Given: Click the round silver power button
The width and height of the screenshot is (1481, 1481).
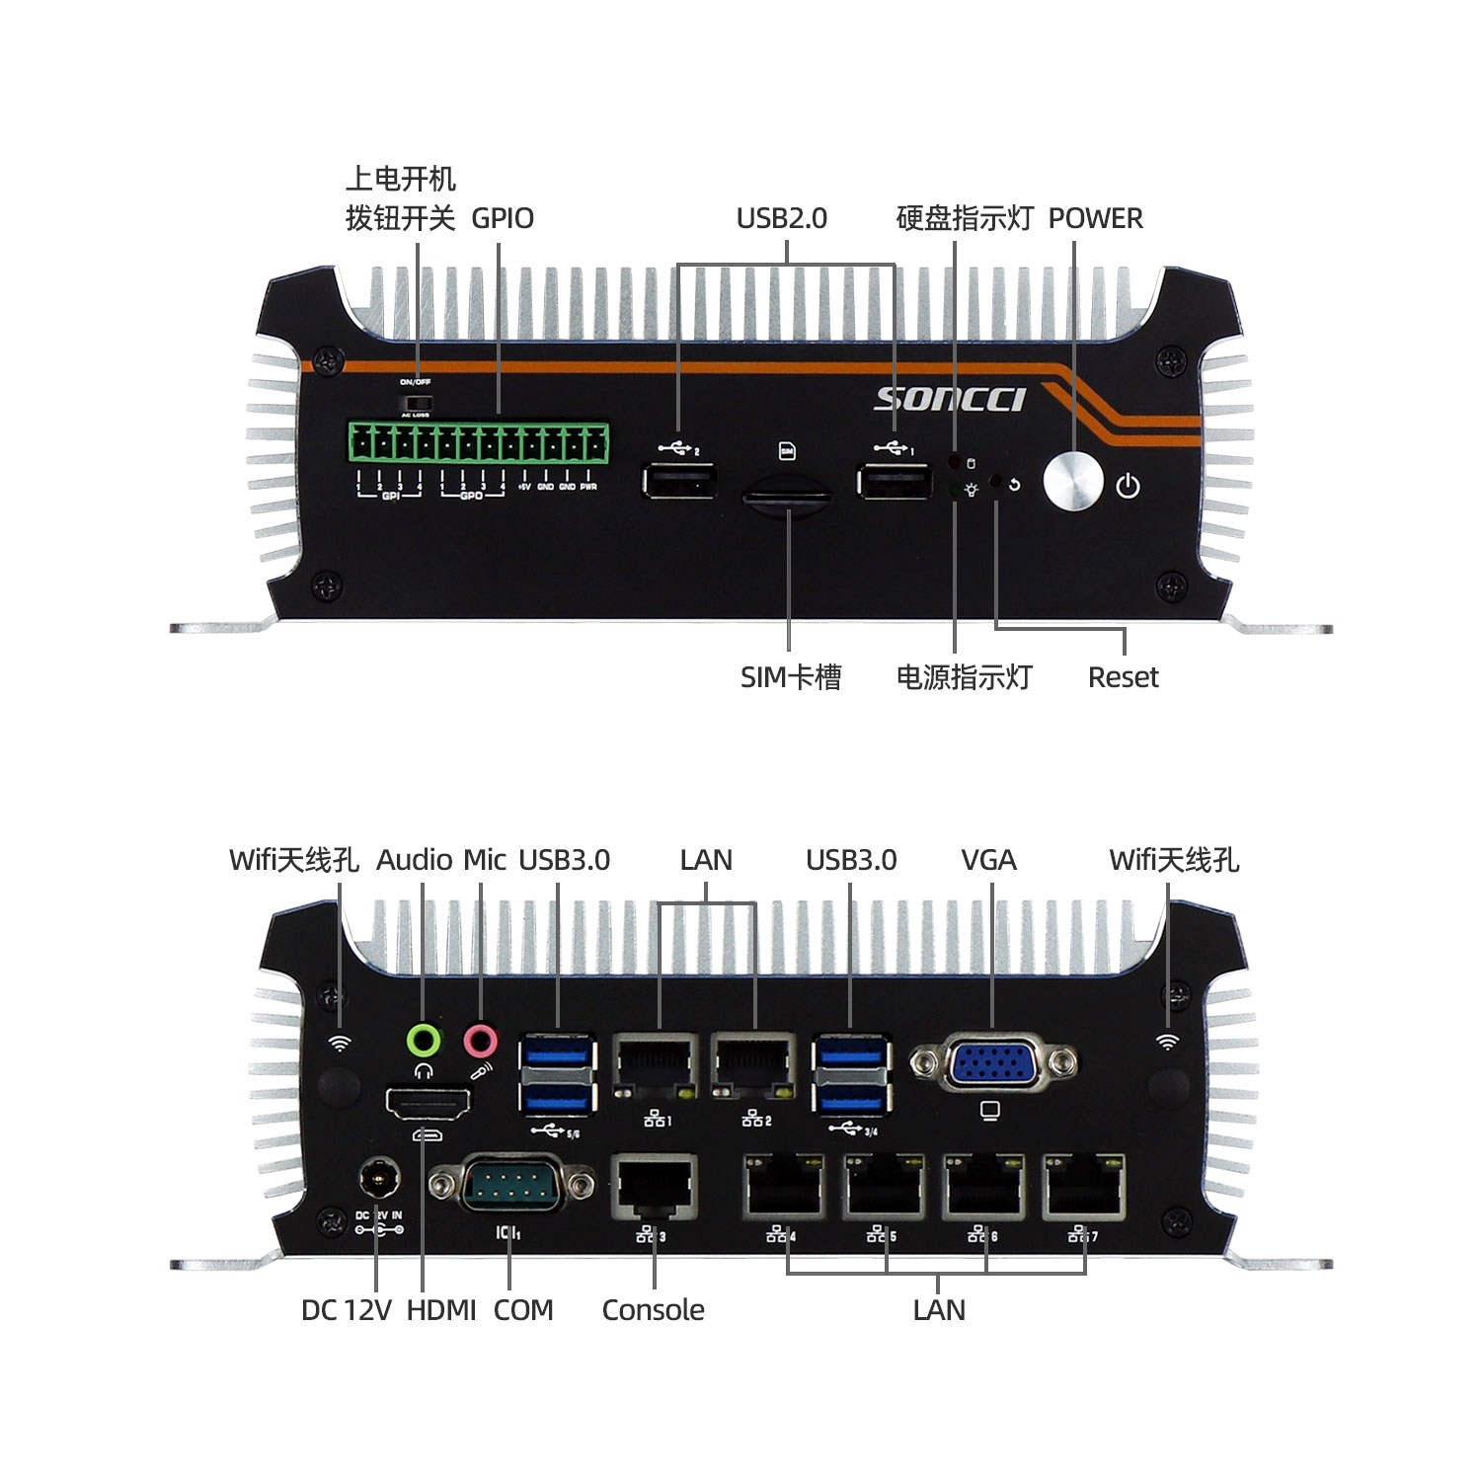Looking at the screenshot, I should point(1072,482).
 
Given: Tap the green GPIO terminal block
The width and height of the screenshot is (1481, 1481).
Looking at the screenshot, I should point(478,442).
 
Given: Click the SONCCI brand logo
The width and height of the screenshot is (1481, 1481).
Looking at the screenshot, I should point(950,399).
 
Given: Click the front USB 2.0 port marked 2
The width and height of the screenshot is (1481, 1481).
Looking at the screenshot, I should point(679,482).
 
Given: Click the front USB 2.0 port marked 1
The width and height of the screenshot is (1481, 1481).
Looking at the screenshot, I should point(894,482).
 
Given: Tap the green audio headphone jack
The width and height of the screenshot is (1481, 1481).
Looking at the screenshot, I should point(424,1040).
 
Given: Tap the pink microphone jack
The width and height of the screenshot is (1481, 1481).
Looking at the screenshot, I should point(481,1040).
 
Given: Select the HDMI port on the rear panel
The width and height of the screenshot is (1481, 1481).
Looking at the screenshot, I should point(428,1103).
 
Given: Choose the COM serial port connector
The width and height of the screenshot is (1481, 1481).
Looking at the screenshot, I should point(510,1183).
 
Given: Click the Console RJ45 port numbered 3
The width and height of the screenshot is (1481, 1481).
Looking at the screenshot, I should point(653,1187).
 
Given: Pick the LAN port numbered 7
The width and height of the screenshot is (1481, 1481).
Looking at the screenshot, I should point(1084,1187).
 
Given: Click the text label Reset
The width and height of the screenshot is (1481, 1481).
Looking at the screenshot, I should point(1123,677).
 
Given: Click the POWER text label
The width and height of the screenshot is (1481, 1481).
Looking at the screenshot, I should point(1095,218).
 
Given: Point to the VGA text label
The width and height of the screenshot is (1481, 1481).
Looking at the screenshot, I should point(988,860).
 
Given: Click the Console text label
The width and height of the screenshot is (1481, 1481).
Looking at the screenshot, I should point(653,1310).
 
